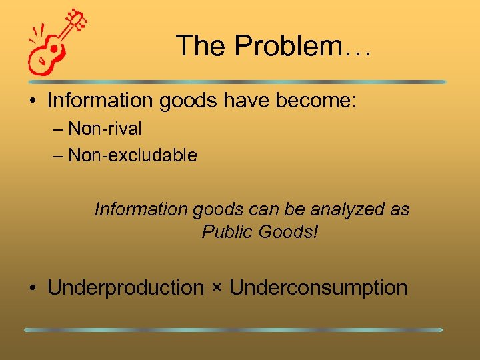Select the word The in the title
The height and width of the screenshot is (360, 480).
[x=197, y=46]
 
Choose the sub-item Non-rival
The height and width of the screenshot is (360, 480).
[x=105, y=128]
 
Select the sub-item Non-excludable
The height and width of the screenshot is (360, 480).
[x=133, y=155]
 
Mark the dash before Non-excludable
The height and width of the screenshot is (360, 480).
[x=57, y=156]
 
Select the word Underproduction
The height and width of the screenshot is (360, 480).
[x=125, y=288]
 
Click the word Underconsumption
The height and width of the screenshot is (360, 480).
[x=318, y=288]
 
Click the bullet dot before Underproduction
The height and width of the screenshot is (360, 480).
[x=32, y=289]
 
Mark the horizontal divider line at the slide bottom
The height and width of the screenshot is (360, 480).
[x=233, y=329]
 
